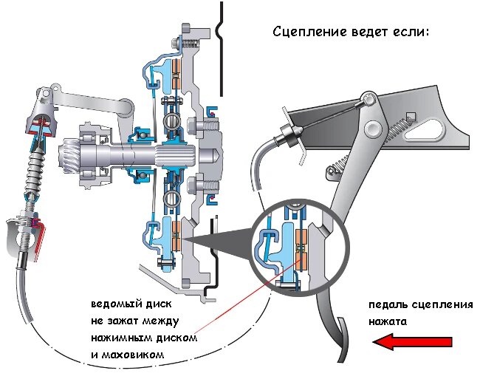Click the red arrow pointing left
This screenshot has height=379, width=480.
[x=412, y=342]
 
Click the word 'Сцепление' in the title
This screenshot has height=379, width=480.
[x=310, y=32]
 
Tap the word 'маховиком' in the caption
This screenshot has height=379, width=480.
[x=132, y=355]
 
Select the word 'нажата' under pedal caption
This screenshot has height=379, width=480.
[x=388, y=322]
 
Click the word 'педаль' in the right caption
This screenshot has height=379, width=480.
[x=388, y=305]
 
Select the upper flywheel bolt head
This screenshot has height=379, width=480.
[x=191, y=125]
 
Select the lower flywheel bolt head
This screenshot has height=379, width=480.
[x=191, y=185]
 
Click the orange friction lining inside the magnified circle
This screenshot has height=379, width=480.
[x=301, y=248]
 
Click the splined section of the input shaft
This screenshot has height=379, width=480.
[x=175, y=154]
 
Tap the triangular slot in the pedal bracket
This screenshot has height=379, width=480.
[x=424, y=129]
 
